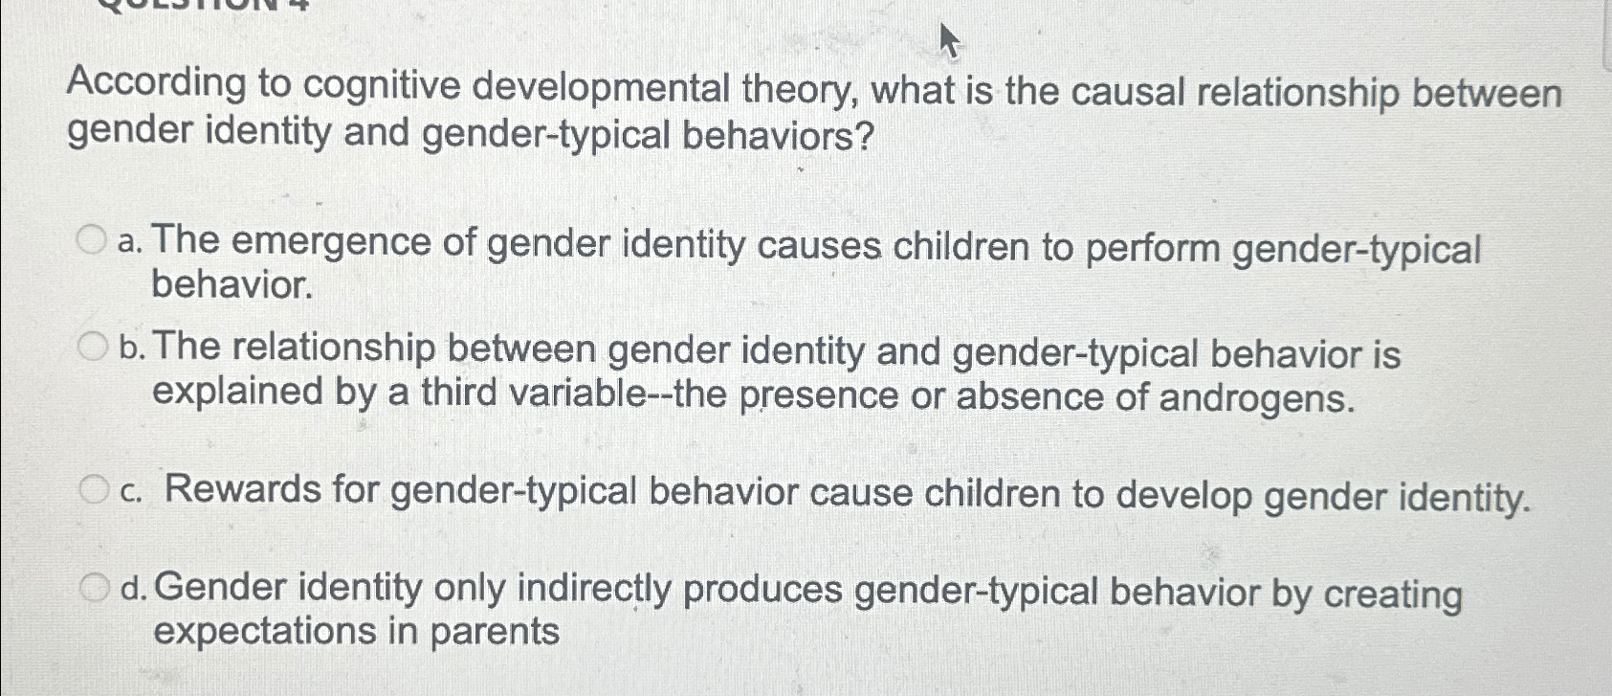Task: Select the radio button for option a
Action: pyautogui.click(x=92, y=240)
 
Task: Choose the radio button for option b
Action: pyautogui.click(x=92, y=347)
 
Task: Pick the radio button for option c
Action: pyautogui.click(x=94, y=489)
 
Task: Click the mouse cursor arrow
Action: pyautogui.click(x=950, y=39)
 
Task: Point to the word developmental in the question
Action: pyautogui.click(x=601, y=89)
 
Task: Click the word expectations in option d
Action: pyautogui.click(x=265, y=631)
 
